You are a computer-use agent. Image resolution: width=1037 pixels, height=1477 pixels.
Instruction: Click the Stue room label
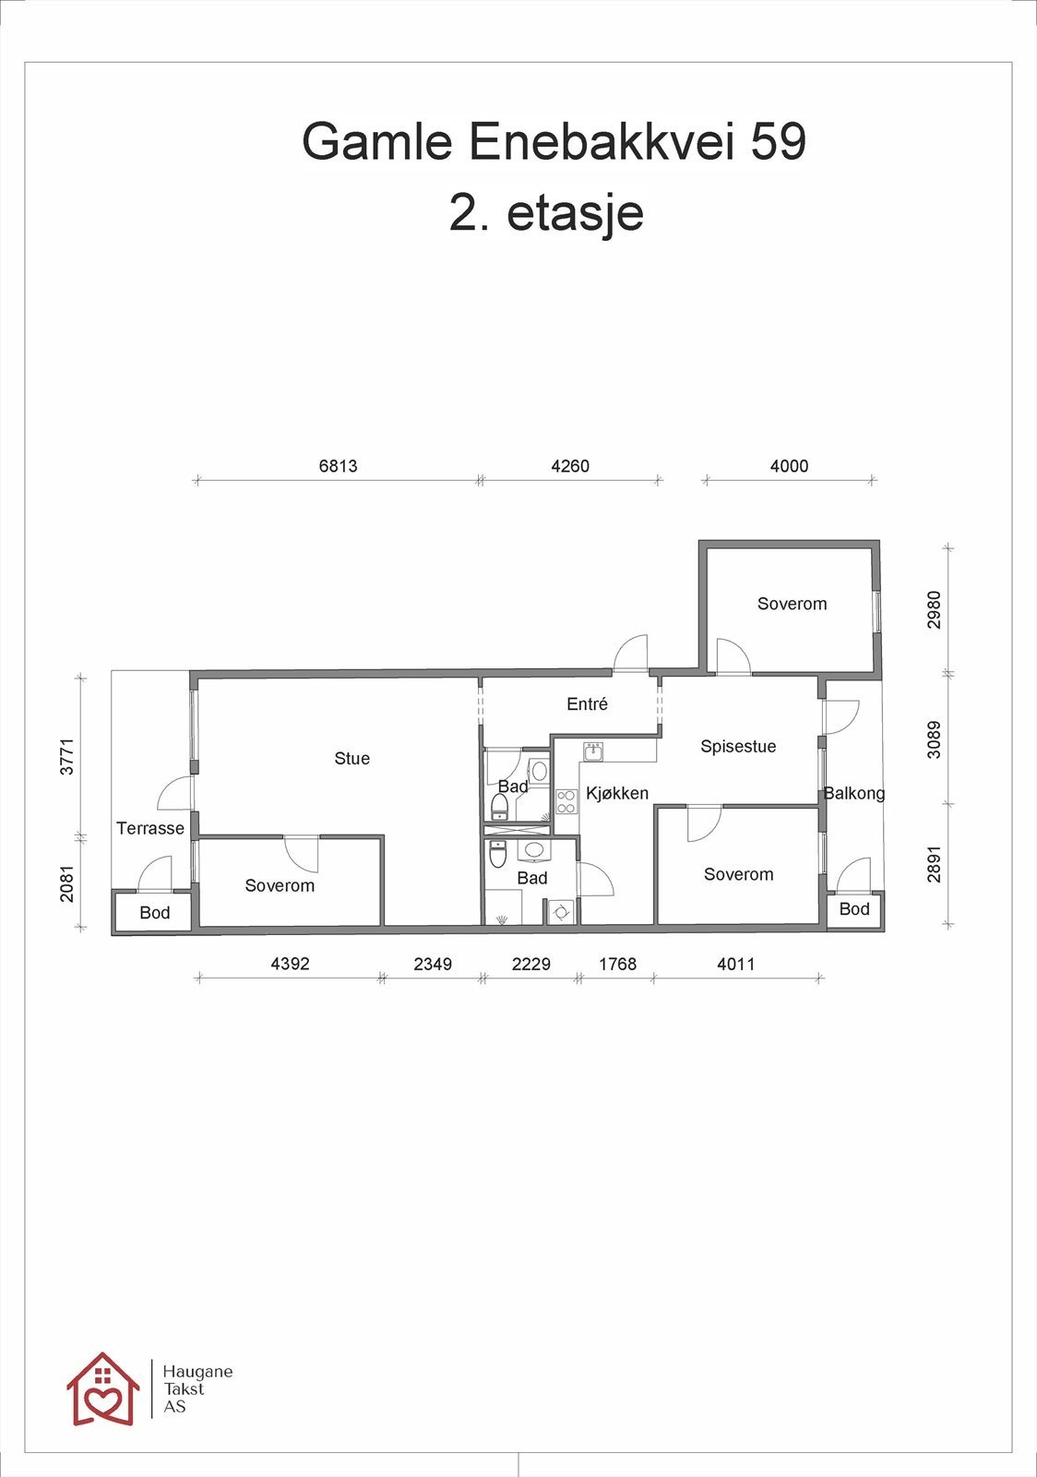pos(352,758)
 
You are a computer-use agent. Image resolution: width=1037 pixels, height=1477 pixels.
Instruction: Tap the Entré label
pos(587,704)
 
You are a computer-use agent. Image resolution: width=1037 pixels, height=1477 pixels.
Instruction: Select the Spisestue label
pos(738,747)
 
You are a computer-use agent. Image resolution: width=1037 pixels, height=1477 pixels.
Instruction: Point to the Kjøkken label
pos(617,793)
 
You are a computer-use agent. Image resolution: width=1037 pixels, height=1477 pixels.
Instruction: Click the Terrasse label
pos(150,828)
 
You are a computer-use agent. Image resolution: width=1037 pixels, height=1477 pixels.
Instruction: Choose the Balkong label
pos(854,793)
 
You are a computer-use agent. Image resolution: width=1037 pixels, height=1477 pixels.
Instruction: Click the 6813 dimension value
pos(338,466)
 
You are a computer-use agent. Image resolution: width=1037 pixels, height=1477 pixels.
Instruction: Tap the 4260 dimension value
pos(570,466)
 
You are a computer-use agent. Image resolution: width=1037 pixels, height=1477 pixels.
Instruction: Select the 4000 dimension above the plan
pos(789,466)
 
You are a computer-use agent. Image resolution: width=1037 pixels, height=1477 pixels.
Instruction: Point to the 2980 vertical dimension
pos(935,610)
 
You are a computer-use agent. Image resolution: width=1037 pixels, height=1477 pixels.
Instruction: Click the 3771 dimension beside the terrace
pos(67,756)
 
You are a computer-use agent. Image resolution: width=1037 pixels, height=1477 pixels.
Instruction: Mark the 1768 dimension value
pos(617,964)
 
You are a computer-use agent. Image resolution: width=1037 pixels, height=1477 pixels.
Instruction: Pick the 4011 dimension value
pos(736,964)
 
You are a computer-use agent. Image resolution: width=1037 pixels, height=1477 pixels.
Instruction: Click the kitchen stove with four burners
pos(566,801)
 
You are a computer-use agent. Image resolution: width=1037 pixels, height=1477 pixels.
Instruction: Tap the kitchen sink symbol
pos(593,751)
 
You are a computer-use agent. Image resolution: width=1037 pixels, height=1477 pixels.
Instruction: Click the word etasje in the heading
pos(575,213)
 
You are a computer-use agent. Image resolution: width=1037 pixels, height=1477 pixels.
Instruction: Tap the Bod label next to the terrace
pos(155,913)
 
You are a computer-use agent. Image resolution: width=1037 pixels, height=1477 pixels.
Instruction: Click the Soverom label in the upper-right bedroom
pos(792,604)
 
